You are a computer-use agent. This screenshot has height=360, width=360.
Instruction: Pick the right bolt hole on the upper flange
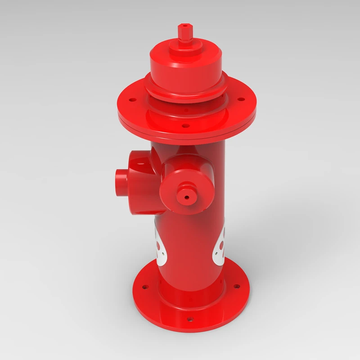tap(241, 99)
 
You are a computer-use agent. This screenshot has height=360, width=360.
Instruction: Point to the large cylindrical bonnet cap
tap(185, 67)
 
